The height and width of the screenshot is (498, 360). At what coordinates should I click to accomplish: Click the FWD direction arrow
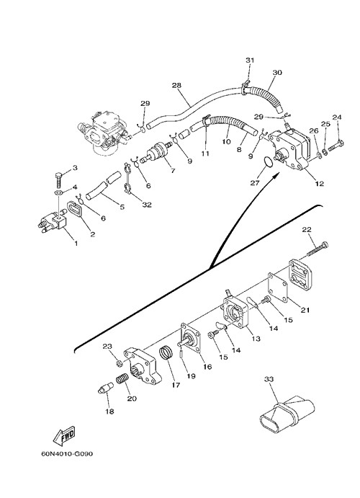coord(64,435)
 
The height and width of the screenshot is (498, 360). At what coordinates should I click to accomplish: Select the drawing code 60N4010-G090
coord(67,454)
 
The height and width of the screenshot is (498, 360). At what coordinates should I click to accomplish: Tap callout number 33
coord(269,379)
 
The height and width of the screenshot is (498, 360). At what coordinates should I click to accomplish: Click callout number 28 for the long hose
coord(176,85)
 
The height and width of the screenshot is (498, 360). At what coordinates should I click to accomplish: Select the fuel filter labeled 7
coord(158,151)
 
